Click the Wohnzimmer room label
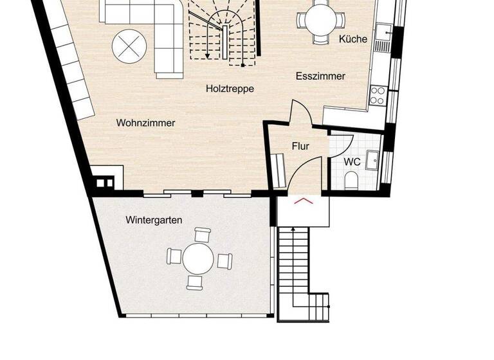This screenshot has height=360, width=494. tap(145, 123)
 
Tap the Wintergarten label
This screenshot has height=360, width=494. tap(154, 220)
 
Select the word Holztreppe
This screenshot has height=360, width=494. tap(230, 89)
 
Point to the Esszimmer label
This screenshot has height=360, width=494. tap(320, 76)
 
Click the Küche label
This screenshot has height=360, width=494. tap(353, 39)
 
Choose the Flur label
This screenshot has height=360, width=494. tap(300, 146)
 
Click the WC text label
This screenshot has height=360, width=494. tap(352, 161)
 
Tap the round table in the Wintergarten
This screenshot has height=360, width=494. tap(198, 259)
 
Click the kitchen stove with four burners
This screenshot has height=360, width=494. tap(378, 96)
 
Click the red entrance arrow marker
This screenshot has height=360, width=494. tap(303, 201)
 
